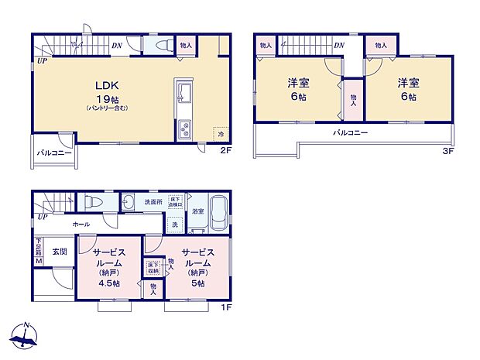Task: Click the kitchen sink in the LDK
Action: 184,95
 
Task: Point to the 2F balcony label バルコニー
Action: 53,153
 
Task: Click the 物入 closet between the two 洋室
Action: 354,99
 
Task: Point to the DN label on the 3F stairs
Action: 338,46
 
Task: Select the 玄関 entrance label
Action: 60,252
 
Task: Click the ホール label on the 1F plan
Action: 81,224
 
